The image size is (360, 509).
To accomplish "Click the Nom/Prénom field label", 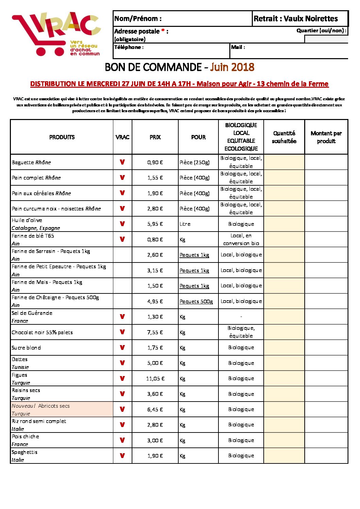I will (138, 18).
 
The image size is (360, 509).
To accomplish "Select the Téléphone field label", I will (129, 47).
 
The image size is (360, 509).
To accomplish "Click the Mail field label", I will (238, 47).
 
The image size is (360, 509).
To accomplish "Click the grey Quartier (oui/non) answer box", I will (326, 39).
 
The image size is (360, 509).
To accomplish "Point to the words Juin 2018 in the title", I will (232, 67).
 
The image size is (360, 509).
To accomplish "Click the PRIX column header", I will (155, 137).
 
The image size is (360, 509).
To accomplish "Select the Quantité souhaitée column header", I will (284, 137).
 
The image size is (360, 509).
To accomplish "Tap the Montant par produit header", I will (326, 137).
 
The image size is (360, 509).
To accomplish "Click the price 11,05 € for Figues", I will (155, 378).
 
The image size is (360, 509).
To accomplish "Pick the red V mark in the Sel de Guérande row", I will (122, 317).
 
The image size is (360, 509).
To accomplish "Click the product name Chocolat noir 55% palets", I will (42, 332).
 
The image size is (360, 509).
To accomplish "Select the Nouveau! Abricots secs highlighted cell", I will (62, 409).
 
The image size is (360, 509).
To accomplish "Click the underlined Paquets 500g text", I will (196, 301).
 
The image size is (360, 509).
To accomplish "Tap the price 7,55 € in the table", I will (155, 332).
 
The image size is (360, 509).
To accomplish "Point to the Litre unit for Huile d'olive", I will (185, 224).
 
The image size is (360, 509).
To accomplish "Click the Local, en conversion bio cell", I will (241, 239).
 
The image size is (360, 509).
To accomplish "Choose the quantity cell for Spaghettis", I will (284, 456).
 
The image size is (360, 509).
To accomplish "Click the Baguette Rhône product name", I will (31, 162).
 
